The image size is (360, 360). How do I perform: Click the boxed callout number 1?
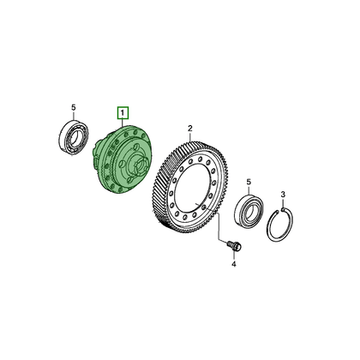123,113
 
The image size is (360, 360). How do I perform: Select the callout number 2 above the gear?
190,128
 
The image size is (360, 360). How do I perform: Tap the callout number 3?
283,195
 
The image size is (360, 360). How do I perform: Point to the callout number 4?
234,264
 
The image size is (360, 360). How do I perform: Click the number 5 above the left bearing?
74,108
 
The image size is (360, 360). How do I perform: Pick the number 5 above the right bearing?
249,182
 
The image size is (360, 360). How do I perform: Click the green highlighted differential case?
122,159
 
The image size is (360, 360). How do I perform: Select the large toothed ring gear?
190,187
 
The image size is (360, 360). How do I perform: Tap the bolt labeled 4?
235,246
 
